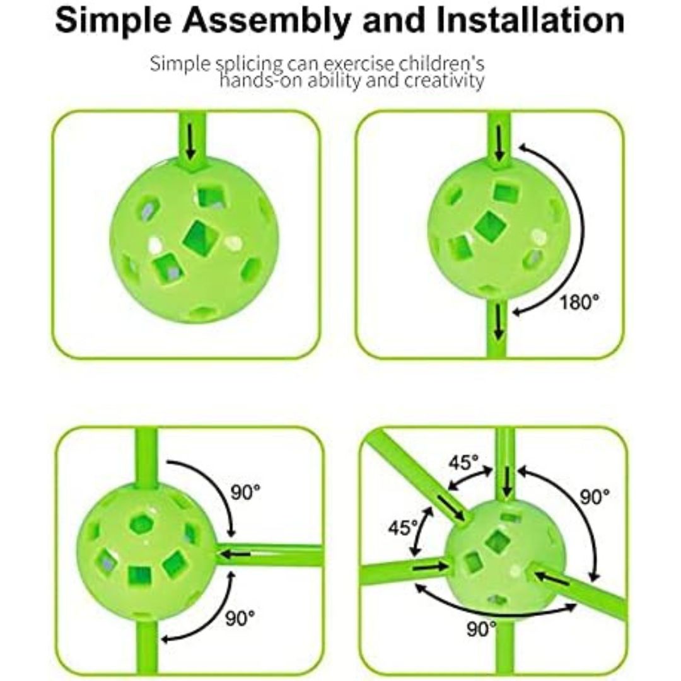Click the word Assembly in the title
[266, 21]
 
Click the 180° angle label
[579, 302]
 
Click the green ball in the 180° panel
[499, 229]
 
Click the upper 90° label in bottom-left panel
[245, 492]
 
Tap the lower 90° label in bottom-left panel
[240, 618]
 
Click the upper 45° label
[463, 462]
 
